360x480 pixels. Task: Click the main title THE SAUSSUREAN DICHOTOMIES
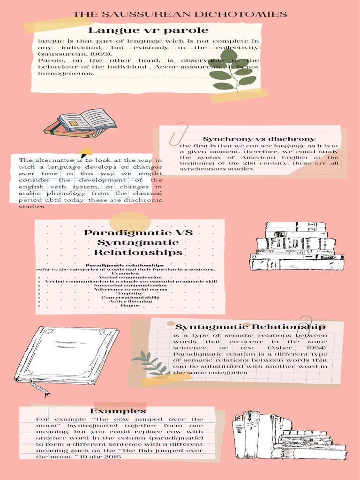tap(180, 15)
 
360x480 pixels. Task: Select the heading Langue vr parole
tap(149, 30)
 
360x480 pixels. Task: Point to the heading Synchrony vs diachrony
tap(259, 139)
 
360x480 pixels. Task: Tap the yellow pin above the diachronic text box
tap(86, 152)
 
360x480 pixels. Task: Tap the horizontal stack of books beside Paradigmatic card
tap(296, 246)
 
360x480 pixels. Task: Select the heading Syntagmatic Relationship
tap(250, 327)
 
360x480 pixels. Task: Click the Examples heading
tap(118, 411)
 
